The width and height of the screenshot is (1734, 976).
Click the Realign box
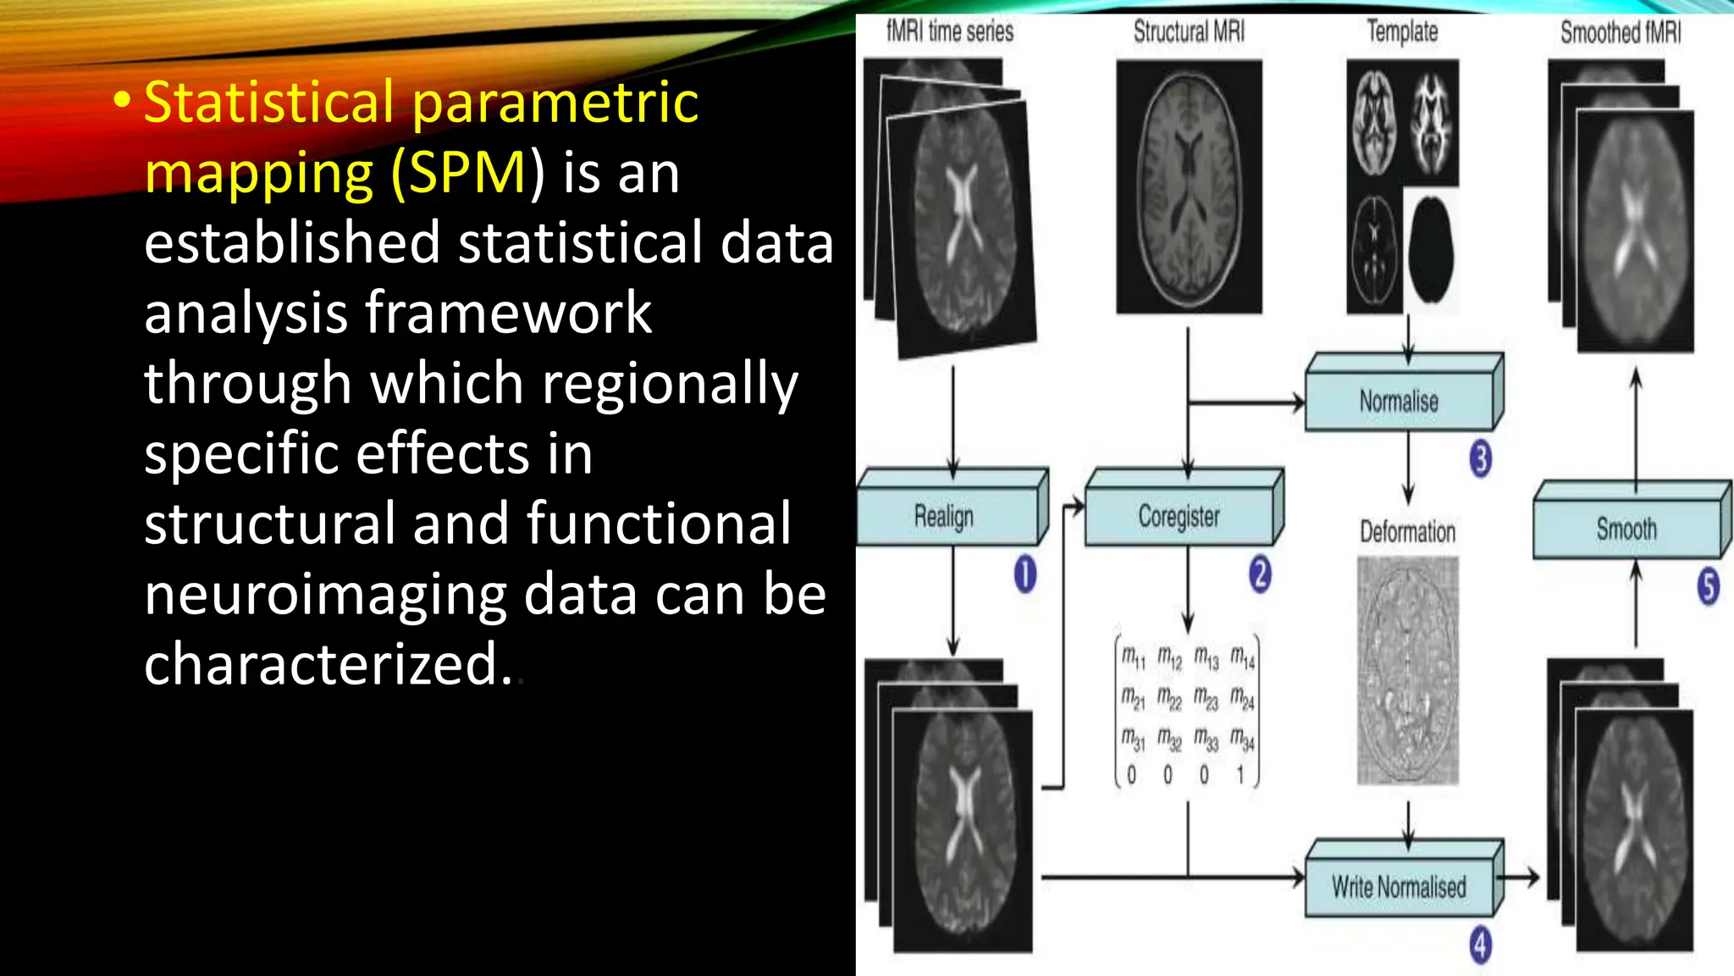coord(945,516)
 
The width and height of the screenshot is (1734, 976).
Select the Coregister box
coord(1179,516)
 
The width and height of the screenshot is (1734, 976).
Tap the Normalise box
coord(1399,401)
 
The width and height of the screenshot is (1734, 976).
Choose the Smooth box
coord(1626,530)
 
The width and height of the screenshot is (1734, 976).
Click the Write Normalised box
coord(1399,887)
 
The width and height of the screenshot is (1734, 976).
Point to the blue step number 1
coord(1024,574)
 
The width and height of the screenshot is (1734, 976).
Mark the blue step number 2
coord(1260,574)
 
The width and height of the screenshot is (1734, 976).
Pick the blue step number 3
coord(1481,458)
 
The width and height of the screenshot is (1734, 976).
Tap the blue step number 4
coord(1480,945)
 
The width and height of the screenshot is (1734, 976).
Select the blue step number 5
coord(1709,586)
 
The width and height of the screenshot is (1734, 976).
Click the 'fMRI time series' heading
coord(949,32)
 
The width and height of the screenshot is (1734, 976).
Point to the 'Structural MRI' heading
coord(1189,32)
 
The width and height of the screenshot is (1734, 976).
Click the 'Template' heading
coord(1402,32)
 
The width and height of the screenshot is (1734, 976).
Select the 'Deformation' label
coord(1407,532)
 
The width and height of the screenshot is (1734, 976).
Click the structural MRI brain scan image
coord(1189,186)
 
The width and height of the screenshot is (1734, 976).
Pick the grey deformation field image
coord(1407,669)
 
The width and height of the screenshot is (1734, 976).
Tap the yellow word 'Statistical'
coord(269,103)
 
